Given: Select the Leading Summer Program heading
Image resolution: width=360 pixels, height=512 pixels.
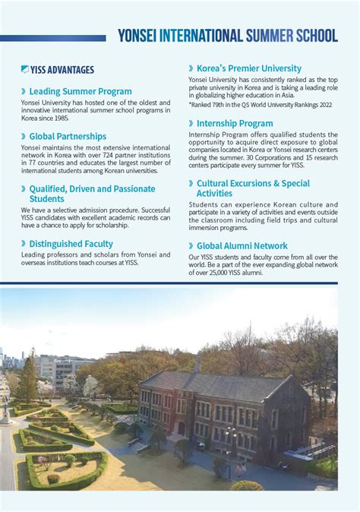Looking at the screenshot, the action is (81, 91).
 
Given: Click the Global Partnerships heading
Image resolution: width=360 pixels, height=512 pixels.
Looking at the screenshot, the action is (68, 137).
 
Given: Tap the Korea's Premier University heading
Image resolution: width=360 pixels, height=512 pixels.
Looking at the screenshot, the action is (248, 68).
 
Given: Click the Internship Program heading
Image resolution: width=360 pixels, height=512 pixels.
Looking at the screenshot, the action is (235, 123).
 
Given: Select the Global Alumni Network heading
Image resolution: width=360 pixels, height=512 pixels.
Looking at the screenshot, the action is (242, 246).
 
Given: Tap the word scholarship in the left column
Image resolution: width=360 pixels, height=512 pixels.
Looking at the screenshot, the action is (127, 225).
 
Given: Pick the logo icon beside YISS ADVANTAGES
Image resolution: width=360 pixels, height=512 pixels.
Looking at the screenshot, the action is (25, 70).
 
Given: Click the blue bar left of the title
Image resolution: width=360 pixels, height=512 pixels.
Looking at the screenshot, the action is (53, 37).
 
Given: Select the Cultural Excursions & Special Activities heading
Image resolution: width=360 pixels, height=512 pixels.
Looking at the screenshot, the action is (252, 188).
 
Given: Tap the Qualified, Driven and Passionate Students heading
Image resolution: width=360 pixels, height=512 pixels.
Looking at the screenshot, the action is (91, 194).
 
